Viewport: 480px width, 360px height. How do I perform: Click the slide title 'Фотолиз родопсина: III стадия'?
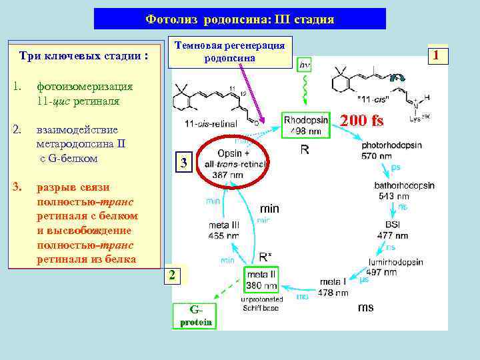pos(239,19)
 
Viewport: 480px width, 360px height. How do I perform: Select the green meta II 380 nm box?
pos(262,280)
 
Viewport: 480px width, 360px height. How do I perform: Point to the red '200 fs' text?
pos(363,121)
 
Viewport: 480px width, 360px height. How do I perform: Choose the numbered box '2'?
pos(172,275)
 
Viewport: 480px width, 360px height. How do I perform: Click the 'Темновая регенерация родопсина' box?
pos(229,51)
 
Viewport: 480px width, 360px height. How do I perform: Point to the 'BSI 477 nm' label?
pos(393,230)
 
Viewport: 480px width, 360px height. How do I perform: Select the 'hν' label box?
pos(305,65)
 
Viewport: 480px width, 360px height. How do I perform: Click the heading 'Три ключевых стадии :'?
pos(83,57)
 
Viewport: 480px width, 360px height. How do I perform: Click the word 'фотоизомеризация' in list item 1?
pos(85,87)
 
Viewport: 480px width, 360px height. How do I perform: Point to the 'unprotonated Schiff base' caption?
pos(261,303)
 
